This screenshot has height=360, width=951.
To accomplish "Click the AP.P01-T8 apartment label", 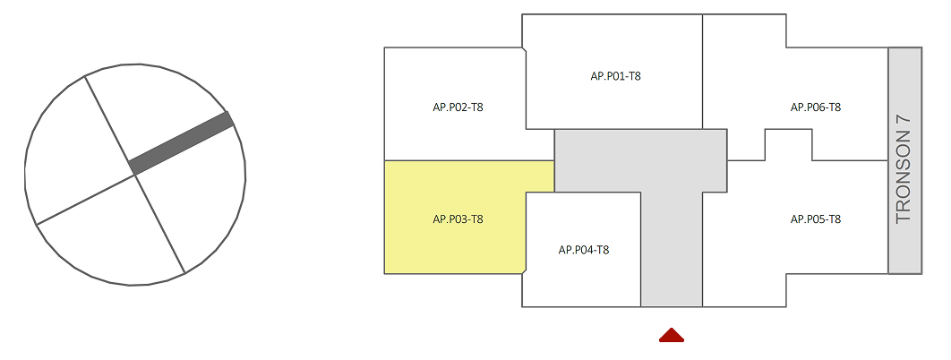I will [615, 76].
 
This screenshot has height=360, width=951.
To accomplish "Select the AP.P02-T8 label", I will [458, 107].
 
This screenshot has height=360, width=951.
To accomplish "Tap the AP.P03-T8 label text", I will [458, 219].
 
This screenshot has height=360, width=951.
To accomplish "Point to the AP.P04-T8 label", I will [584, 250].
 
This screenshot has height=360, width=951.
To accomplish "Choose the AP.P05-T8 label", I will [816, 219].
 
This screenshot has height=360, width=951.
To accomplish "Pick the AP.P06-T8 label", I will [816, 107].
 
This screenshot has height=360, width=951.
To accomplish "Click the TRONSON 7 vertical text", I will [904, 167].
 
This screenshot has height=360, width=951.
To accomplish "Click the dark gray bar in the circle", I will [182, 142].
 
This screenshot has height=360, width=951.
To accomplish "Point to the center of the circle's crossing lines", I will [135, 175].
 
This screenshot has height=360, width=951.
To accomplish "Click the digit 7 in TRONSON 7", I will [904, 119].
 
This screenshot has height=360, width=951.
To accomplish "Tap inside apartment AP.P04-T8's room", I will [582, 278].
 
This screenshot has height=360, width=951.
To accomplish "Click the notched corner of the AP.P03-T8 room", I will [524, 268].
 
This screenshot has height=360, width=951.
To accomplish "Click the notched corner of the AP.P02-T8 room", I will [524, 53].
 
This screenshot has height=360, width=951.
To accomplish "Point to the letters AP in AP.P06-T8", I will [797, 107].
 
